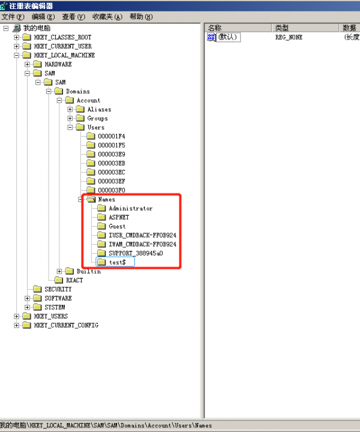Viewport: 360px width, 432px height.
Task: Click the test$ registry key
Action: tap(118, 262)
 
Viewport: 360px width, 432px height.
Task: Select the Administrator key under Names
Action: tap(131, 208)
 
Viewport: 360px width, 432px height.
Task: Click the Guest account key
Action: tap(117, 226)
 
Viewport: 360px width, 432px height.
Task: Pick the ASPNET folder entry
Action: tap(119, 217)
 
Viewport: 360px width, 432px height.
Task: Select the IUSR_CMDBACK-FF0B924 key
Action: tap(142, 235)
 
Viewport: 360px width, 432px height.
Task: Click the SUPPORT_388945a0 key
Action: tap(136, 253)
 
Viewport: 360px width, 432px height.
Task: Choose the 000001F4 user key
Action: tap(111, 136)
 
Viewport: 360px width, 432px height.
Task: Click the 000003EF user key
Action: tap(111, 181)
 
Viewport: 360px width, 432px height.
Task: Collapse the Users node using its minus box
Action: tap(70, 127)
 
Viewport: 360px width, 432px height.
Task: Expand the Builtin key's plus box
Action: tap(59, 271)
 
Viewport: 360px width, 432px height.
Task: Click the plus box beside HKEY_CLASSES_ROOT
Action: tap(17, 37)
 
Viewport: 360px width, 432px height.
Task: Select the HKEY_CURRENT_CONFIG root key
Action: tap(66, 325)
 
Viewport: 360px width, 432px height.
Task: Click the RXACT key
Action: tap(74, 280)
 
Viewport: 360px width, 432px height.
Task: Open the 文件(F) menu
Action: tap(13, 17)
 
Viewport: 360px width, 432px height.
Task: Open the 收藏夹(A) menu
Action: tap(107, 17)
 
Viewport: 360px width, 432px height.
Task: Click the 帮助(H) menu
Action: tap(141, 17)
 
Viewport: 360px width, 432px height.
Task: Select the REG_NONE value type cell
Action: tap(289, 37)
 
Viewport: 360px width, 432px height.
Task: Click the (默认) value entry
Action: tap(228, 37)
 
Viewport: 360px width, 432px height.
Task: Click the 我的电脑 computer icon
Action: tap(17, 28)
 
